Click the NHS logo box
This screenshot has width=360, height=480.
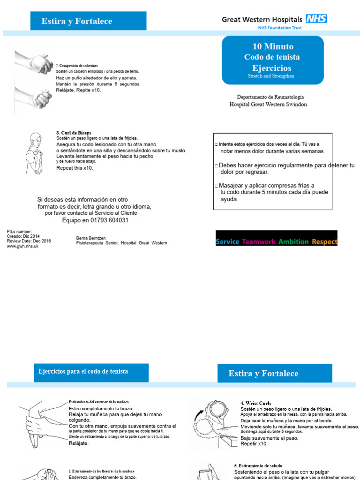(x=316, y=19)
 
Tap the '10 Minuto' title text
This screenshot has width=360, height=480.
(x=273, y=46)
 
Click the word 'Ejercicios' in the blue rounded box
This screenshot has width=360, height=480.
(x=272, y=67)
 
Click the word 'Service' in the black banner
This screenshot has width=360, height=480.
(x=227, y=242)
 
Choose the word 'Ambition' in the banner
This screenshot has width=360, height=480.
(x=293, y=242)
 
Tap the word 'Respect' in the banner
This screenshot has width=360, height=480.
(x=324, y=242)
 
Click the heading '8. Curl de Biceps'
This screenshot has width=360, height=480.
(x=74, y=133)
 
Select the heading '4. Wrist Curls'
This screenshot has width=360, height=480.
(x=255, y=403)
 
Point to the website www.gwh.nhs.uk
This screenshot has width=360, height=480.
(x=22, y=246)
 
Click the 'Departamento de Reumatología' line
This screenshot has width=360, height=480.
(x=268, y=96)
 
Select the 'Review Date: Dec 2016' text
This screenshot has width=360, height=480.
(x=29, y=241)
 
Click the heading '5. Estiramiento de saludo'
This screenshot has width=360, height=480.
(x=258, y=465)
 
